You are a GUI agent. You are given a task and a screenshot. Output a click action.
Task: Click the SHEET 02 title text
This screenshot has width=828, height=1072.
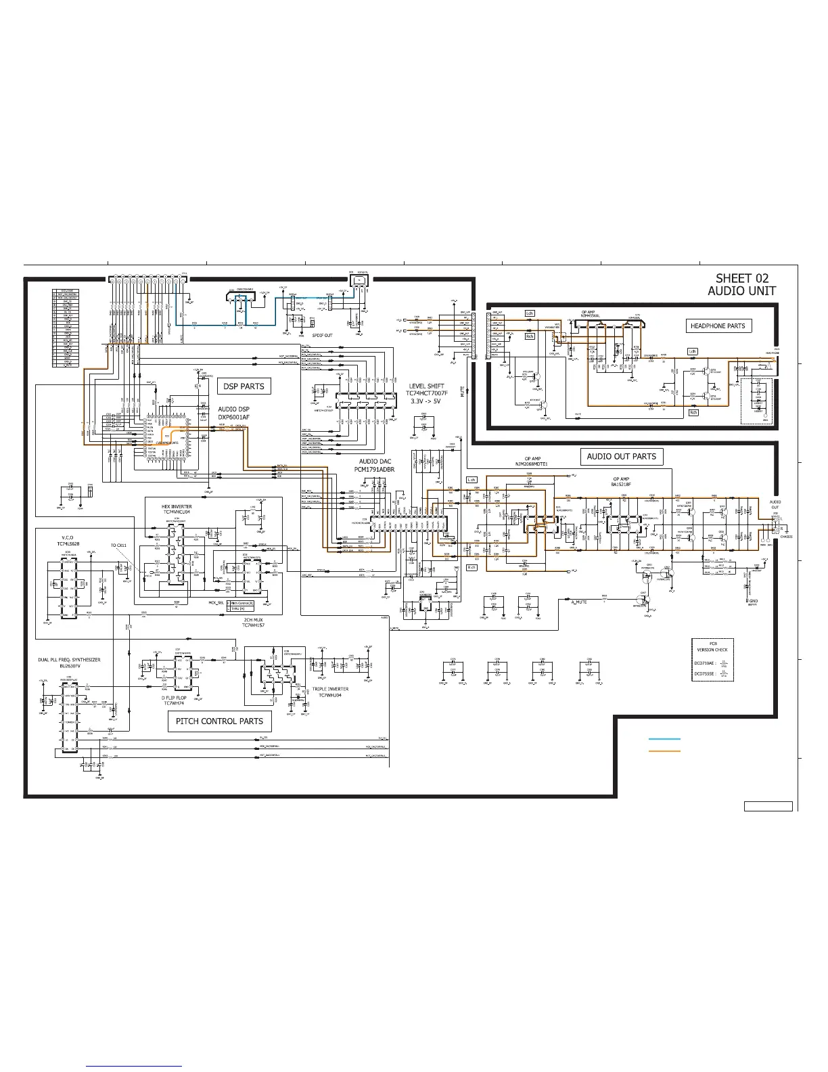coord(742,278)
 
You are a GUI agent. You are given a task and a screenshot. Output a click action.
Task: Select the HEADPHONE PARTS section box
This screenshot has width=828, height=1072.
coord(717,326)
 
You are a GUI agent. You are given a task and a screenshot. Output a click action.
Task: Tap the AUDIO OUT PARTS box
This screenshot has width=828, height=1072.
coord(621,457)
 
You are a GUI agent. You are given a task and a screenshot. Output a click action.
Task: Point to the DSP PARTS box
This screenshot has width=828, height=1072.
coord(244,386)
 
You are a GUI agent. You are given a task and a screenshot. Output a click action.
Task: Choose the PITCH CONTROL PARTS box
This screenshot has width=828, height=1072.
coord(219,721)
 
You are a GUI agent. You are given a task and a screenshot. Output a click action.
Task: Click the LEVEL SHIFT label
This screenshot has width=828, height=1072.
coord(426,386)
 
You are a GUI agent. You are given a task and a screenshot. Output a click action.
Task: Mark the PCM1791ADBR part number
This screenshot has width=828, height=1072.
coord(374,469)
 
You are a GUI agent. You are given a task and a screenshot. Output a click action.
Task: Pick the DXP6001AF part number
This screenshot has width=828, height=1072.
coord(233,418)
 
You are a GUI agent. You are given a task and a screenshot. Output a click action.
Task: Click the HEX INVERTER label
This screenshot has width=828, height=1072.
coord(177,506)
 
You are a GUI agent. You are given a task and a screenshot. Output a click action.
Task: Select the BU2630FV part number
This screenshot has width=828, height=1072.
coord(69,667)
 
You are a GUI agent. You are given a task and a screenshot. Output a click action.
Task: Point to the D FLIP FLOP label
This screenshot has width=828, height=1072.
coord(174,697)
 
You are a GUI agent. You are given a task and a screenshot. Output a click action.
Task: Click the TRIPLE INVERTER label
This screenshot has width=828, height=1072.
coord(330,689)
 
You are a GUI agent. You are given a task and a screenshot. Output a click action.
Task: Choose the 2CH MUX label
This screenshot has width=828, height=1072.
coord(254,620)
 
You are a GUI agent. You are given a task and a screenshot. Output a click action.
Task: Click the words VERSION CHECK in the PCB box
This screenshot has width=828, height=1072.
coord(712,650)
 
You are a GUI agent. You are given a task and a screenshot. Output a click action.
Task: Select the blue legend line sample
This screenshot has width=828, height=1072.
coord(664,740)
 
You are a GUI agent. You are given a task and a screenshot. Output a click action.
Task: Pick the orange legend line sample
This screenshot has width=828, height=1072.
coord(664,751)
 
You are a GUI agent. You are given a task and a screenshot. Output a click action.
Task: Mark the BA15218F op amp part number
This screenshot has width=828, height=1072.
coord(620,485)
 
